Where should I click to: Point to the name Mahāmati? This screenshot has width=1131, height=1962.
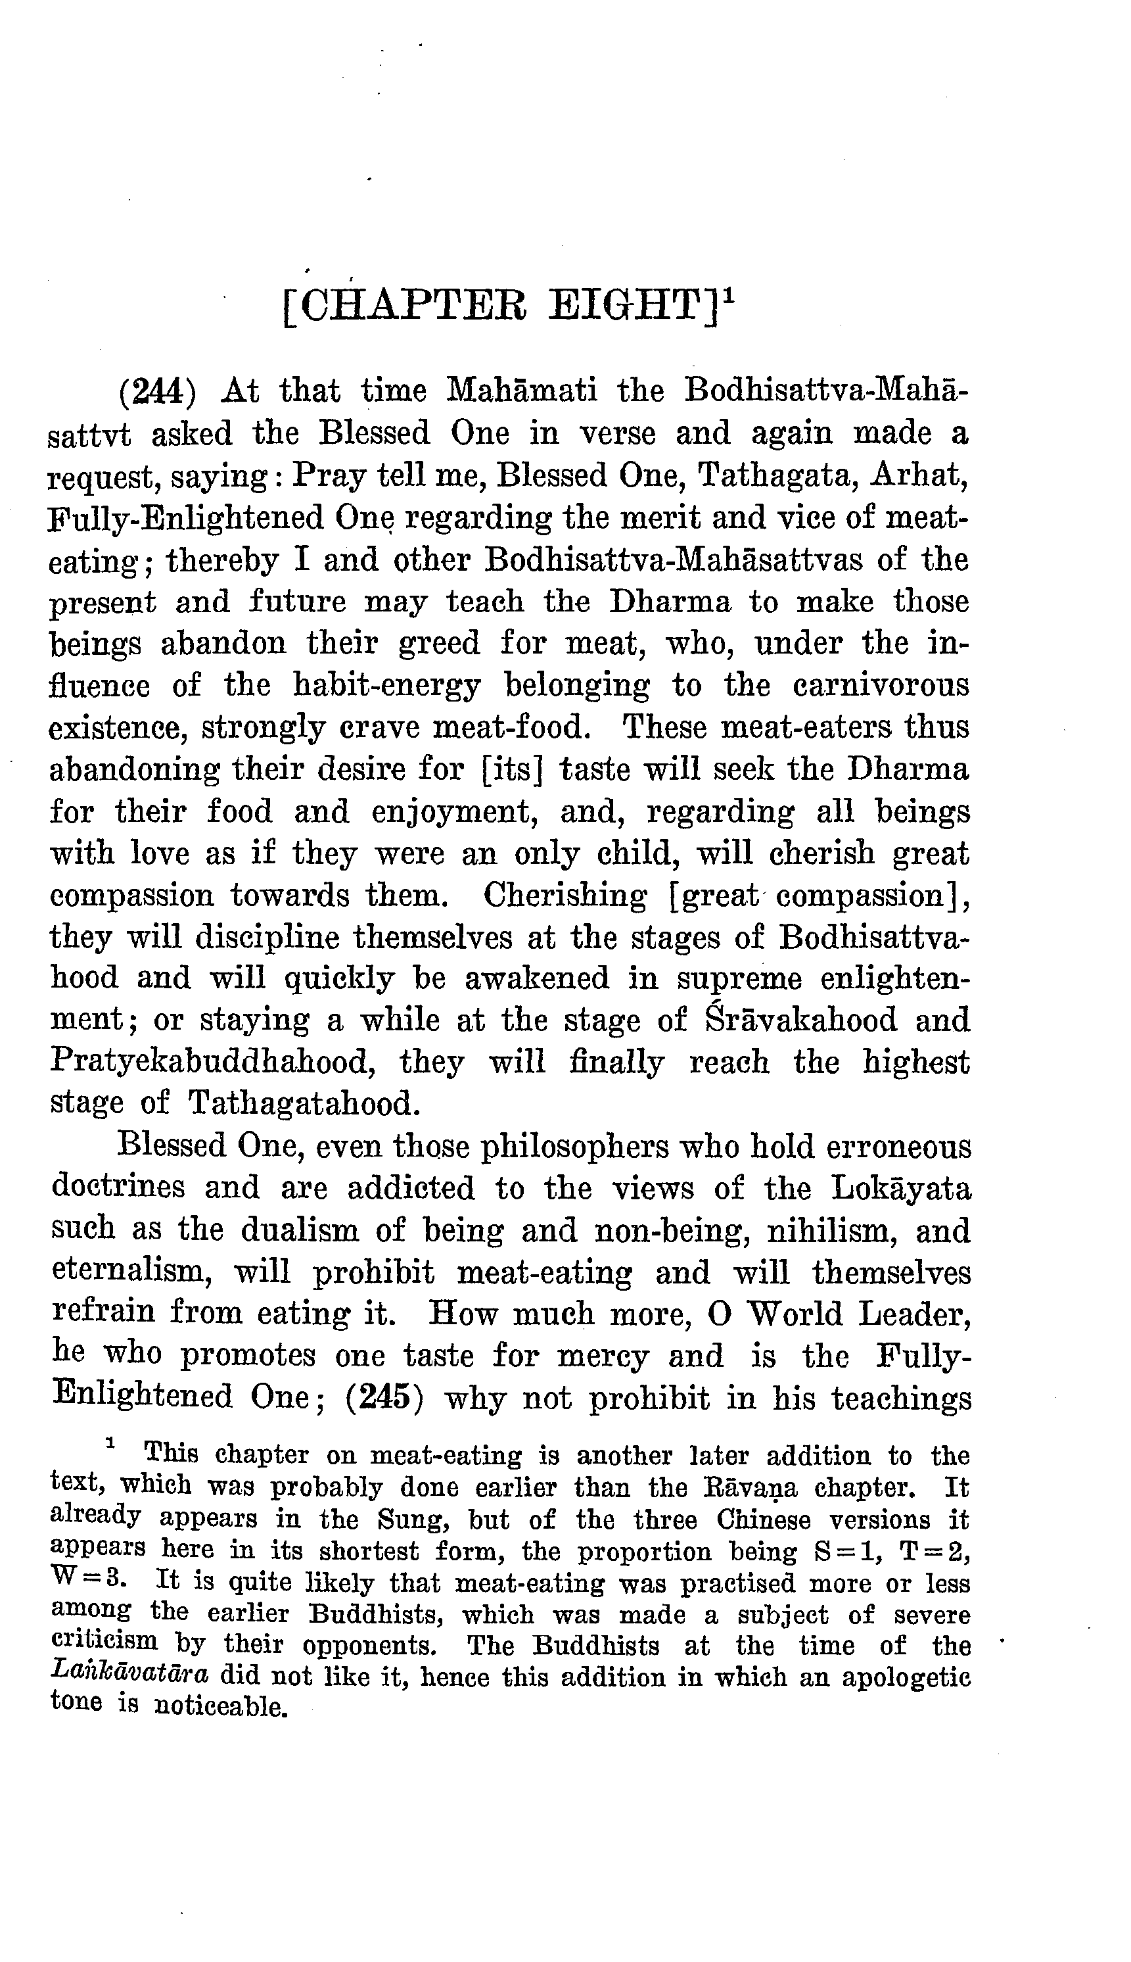click(522, 391)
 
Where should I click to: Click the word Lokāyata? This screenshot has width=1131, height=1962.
click(901, 1188)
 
